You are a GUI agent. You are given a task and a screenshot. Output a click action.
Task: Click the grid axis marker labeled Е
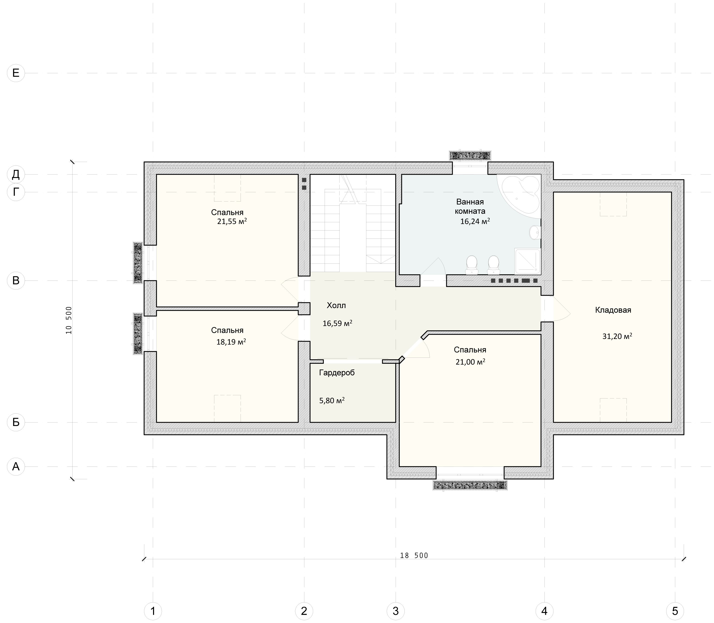click(x=16, y=73)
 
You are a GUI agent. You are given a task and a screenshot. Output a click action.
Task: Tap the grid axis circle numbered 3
click(x=395, y=611)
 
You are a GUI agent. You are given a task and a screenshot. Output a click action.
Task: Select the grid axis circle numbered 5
click(x=675, y=611)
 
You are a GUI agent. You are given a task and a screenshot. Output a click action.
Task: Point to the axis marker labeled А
click(x=16, y=466)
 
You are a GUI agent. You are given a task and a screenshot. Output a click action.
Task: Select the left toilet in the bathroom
click(x=472, y=265)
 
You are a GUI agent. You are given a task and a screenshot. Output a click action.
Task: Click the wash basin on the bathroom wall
click(x=535, y=232)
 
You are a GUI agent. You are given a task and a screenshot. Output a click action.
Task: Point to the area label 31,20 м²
click(x=617, y=336)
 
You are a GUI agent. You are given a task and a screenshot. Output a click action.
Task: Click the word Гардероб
click(x=337, y=373)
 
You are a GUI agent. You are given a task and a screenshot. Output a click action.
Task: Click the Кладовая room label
click(x=613, y=310)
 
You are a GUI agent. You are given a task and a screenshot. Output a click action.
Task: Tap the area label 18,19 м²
click(x=231, y=342)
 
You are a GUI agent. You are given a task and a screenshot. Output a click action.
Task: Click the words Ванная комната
click(x=470, y=206)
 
